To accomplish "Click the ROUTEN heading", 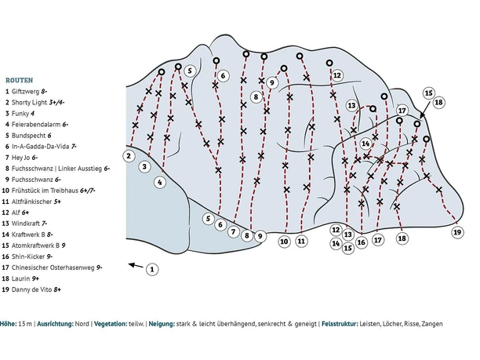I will coord(19,80).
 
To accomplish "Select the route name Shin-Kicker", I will coord(28,256).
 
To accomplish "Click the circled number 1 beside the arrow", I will coord(152,270).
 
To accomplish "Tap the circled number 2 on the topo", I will coord(129,155).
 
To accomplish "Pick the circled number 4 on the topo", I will coord(160,183).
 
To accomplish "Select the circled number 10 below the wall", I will coord(285,242).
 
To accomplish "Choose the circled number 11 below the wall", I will coord(302,242).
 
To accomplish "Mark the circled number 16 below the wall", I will coord(362,242).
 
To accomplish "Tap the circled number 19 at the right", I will coord(458,232).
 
